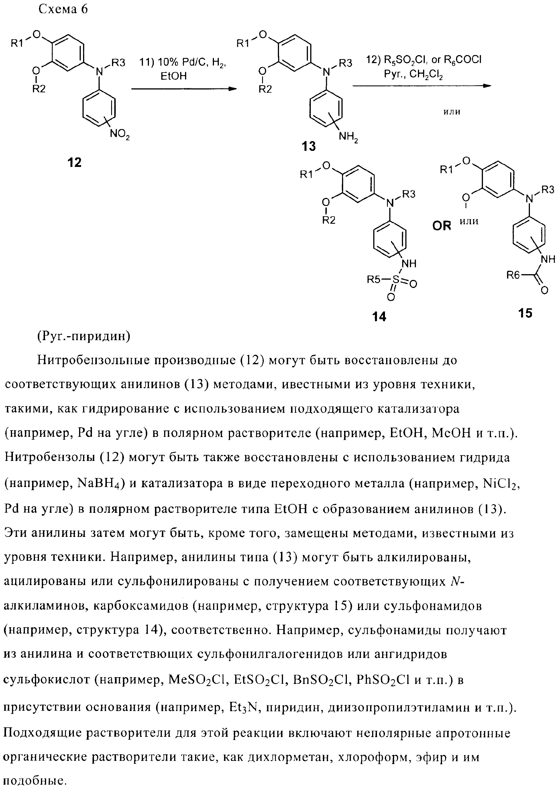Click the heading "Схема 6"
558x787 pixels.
point(63,10)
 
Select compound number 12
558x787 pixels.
point(74,162)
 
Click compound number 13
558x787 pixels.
point(309,147)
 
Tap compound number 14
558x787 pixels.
point(379,316)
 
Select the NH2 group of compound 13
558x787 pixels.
point(348,137)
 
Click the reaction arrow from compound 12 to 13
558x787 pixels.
point(184,89)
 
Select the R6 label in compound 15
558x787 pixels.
point(514,275)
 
